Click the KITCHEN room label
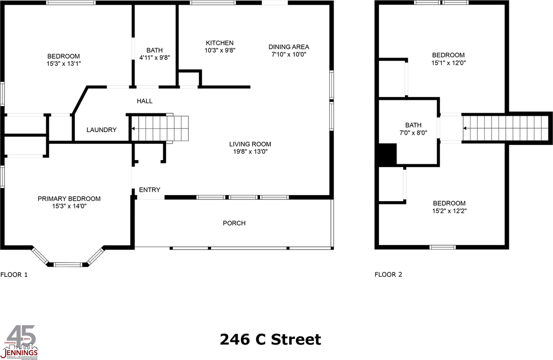tap(219, 43)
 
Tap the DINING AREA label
tap(289, 47)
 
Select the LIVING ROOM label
tap(250, 144)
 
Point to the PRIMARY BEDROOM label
tap(69, 199)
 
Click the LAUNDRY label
tap(102, 130)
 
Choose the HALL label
tap(145, 101)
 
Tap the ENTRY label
tap(149, 190)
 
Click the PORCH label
tap(234, 223)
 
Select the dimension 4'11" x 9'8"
tap(154, 58)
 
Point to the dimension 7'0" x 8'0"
tap(413, 133)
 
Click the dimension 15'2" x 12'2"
tap(449, 211)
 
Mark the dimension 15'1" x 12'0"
tap(448, 63)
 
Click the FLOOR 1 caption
tap(14, 275)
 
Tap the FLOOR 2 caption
tap(388, 275)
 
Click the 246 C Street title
tap(270, 339)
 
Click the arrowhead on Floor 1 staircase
tap(133, 129)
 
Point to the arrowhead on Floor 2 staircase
tap(465, 128)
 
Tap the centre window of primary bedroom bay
tap(68, 264)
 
